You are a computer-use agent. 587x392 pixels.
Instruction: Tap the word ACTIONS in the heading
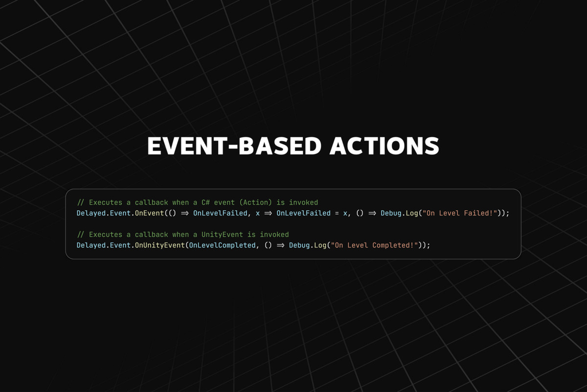tap(384, 146)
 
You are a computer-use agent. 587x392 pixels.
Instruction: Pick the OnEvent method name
tap(149, 213)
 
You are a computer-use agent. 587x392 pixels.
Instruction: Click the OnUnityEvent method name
tap(160, 245)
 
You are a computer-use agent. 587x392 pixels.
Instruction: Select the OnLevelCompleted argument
tap(223, 245)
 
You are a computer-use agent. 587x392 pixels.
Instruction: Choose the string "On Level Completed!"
tap(374, 245)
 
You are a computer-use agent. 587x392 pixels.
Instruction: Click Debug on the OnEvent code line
tap(391, 213)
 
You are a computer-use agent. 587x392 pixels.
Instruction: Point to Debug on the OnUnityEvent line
tap(299, 245)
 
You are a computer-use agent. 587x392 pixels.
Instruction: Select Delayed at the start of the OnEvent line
tap(91, 213)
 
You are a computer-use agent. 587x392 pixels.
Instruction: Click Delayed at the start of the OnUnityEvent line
tap(91, 245)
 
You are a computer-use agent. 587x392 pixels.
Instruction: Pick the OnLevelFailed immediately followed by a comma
tap(220, 213)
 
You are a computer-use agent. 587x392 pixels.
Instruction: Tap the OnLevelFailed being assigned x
tap(303, 213)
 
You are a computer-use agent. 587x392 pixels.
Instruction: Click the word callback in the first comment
tap(152, 202)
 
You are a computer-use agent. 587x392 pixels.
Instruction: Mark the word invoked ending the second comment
tap(274, 234)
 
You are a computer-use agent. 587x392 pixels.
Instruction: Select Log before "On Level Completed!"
tap(320, 245)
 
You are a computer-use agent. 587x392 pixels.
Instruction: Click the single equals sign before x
tap(337, 213)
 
